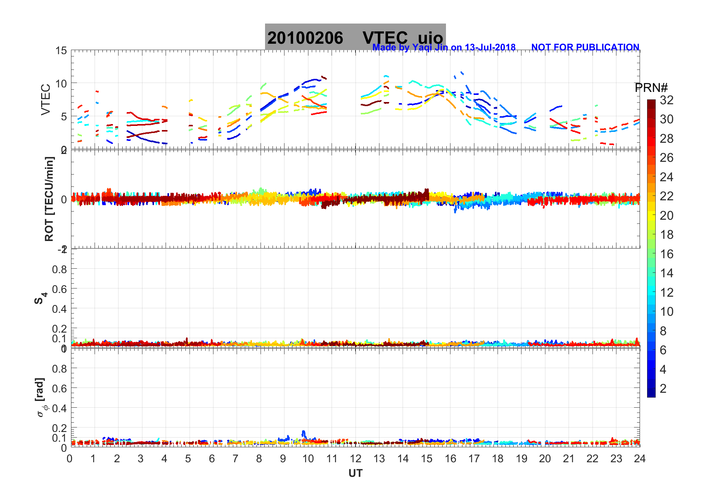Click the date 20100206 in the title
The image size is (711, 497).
tap(305, 38)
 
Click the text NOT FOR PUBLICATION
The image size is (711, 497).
tap(585, 47)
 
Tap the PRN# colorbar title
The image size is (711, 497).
tap(651, 88)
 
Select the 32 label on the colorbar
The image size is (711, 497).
tap(667, 100)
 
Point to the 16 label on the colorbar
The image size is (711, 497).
tap(667, 254)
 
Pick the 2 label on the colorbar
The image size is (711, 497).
tap(663, 389)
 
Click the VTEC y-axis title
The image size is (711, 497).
tap(46, 99)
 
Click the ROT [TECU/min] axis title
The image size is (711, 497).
tap(49, 199)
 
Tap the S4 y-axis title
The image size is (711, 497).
tap(40, 298)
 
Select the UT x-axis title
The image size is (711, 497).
tap(355, 473)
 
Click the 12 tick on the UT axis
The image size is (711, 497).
tap(355, 459)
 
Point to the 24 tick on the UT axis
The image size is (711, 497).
tap(640, 459)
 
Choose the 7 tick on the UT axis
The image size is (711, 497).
tap(236, 459)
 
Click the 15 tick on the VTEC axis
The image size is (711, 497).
tap(61, 51)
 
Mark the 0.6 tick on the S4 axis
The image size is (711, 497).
tap(59, 289)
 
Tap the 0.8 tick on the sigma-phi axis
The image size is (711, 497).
tap(59, 368)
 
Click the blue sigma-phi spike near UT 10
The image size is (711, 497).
tap(304, 433)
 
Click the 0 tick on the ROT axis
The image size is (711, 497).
tap(64, 199)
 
